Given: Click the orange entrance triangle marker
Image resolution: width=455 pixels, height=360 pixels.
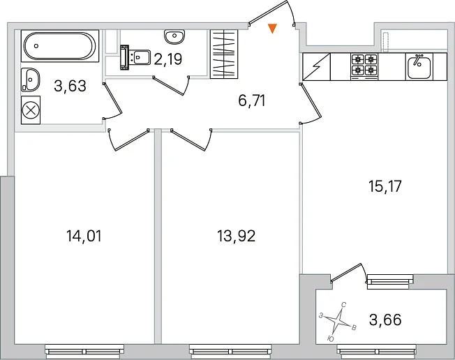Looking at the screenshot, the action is pos(272,29).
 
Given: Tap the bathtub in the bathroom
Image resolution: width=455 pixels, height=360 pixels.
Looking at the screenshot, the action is pos(60,46).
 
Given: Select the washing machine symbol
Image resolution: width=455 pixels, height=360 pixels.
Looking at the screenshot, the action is pos(31,110).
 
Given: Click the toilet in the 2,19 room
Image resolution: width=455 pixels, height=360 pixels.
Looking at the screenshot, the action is pos(135,57).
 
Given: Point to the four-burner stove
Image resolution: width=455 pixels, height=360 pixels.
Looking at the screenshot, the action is pos(364,67).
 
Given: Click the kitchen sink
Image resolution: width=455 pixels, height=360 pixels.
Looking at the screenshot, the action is pos(419,67).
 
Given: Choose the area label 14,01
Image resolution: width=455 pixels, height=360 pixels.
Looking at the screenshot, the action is pos(84,236).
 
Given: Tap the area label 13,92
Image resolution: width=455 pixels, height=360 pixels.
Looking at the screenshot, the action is pos(236,236).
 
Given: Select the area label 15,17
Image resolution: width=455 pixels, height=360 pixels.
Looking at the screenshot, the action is pos(385,186).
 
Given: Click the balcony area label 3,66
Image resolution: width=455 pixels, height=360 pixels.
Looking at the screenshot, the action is pos(385,320).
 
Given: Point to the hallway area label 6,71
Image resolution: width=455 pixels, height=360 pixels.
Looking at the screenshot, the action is pos(252,101).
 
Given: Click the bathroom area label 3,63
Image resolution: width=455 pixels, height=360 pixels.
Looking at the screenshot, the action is pos(70,86).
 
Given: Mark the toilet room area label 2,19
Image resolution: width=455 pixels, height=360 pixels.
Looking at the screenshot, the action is pos(168,59).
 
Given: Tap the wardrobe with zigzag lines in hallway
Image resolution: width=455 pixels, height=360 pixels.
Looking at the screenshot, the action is pos(224,54).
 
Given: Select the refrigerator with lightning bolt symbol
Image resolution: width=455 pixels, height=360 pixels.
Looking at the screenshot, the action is pos(317,67).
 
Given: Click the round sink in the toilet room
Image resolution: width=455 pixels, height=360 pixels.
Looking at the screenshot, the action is pos(174,36).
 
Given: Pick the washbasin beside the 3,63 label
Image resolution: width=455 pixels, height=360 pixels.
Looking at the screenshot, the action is pos(30,80).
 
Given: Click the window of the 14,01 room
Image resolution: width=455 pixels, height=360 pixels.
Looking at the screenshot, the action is pos(84,350).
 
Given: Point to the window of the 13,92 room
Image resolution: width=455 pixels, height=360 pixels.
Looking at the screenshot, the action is pos(231,350).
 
